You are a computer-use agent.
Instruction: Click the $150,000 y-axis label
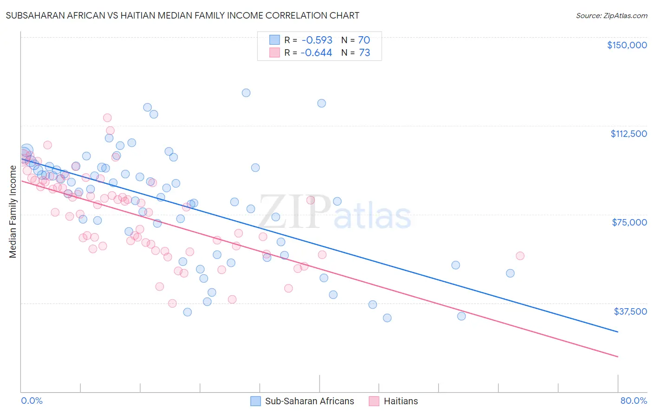click(627, 45)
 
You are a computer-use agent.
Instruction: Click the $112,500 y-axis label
click(628, 134)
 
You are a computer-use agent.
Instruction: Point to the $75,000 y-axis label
click(629, 222)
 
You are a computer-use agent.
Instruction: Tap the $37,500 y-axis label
click(630, 311)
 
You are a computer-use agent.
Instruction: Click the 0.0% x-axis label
click(32, 401)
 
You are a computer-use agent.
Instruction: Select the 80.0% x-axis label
click(633, 401)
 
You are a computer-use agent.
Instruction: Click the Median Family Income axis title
click(13, 212)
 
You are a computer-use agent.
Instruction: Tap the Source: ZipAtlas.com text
click(611, 15)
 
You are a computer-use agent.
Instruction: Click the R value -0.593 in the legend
click(316, 40)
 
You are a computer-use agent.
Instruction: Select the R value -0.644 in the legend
click(316, 53)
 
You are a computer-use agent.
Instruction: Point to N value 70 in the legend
click(364, 40)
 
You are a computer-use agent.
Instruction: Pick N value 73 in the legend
click(364, 53)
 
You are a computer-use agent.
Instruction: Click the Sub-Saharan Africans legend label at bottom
click(309, 401)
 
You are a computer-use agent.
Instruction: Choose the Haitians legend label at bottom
click(400, 401)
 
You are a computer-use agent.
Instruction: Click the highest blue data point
click(246, 93)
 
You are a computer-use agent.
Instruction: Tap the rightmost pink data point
click(520, 256)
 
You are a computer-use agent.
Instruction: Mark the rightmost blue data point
click(510, 273)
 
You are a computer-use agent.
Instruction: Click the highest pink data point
click(107, 118)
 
